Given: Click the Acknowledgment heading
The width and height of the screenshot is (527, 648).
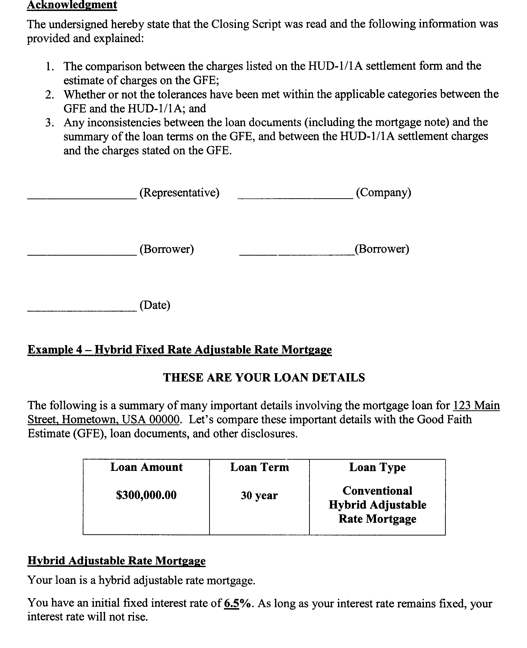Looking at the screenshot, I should (72, 5).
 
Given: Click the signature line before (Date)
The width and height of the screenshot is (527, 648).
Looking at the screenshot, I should (82, 310).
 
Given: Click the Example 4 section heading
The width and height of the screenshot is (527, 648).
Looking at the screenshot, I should (179, 350).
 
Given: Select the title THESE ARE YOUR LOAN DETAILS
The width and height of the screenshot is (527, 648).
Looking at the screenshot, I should (264, 378).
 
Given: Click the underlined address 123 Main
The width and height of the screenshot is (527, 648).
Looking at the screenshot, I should (476, 406).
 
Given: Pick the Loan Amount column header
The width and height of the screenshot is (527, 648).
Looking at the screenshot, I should (146, 467).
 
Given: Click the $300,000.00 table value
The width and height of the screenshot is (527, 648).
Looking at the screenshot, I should (146, 495).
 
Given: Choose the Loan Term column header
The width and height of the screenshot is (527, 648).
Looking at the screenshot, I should (259, 467).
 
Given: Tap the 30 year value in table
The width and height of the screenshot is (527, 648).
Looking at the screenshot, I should (259, 495).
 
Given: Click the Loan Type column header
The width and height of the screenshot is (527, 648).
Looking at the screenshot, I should (377, 467).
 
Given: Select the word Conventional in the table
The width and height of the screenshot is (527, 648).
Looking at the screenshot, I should (377, 491).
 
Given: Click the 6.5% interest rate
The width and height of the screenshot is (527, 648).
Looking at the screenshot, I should (237, 604).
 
